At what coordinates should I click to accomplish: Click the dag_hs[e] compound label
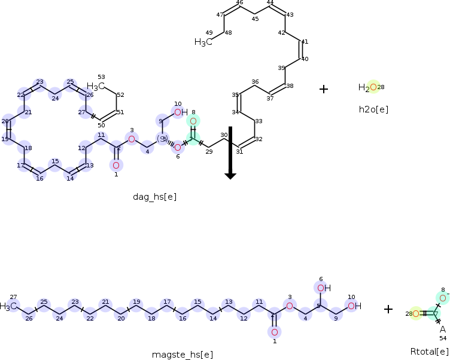coord(154,196)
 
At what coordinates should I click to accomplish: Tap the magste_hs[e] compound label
coord(182,355)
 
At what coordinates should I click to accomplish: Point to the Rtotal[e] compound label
coord(429,351)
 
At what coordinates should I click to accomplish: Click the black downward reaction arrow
coord(230,153)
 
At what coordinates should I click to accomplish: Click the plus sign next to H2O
coord(324,89)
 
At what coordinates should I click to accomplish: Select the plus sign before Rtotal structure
coord(388,309)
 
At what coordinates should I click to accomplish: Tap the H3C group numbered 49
coord(203,42)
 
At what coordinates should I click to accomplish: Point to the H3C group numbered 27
coord(8,306)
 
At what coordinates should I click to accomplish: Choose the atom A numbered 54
coord(443,329)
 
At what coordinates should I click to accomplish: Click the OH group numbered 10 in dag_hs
coord(181,112)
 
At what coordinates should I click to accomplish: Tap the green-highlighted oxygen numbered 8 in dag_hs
coord(193,121)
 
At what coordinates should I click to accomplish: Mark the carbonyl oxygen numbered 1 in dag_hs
coord(116,165)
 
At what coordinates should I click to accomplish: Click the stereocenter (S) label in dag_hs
coord(162,139)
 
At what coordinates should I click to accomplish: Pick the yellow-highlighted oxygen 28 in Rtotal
coord(416,313)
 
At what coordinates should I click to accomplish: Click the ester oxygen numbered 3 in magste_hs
coord(289,306)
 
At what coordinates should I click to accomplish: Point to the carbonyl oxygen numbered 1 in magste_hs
coord(274,332)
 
